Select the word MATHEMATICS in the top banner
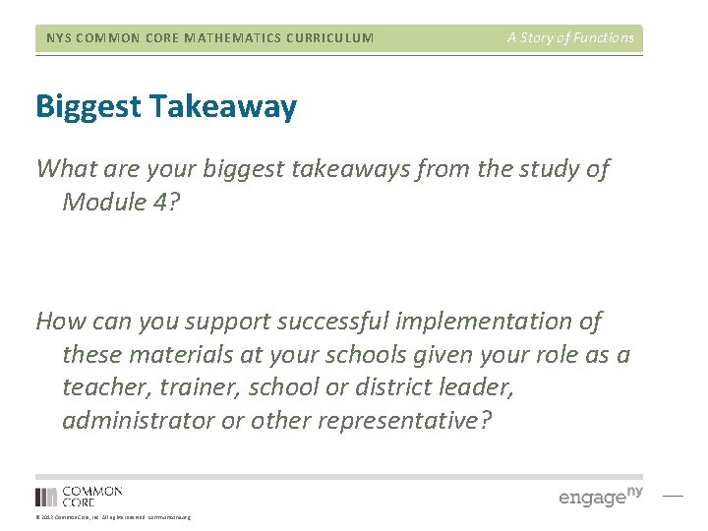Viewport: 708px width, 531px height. [216, 38]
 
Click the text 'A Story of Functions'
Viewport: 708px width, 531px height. [570, 37]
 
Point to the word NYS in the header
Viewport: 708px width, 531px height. [59, 38]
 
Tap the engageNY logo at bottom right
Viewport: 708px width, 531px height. [601, 496]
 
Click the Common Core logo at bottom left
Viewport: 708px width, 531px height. [79, 496]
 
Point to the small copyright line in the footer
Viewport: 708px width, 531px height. [113, 517]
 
